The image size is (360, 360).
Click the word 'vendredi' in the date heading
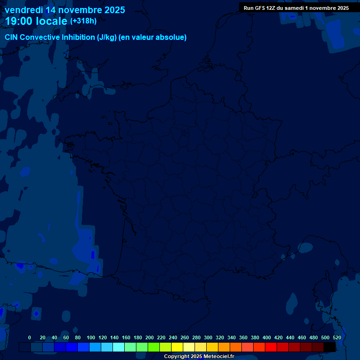pos(24,10)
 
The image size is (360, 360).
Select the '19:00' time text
pos(19,21)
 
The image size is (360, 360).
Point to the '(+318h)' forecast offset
pos(83,21)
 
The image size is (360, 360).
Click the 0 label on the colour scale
pos(30,337)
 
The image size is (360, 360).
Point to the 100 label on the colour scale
pos(90,337)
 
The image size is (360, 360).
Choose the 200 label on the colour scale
pos(150,337)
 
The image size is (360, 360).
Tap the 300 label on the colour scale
pos(208,337)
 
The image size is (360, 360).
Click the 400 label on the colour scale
pos(267,337)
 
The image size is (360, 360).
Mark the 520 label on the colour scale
pos(337,337)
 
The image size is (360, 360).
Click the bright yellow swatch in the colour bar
pos(177,347)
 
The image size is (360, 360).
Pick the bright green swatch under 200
pos(154,347)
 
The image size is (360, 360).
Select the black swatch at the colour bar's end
pos(330,347)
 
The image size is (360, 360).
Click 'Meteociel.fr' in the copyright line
pos(219,357)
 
